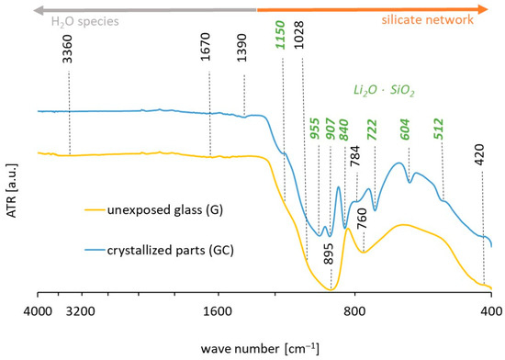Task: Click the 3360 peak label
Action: (x=68, y=58)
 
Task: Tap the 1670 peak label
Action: (x=209, y=58)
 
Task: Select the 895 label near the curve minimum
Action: (x=329, y=260)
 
